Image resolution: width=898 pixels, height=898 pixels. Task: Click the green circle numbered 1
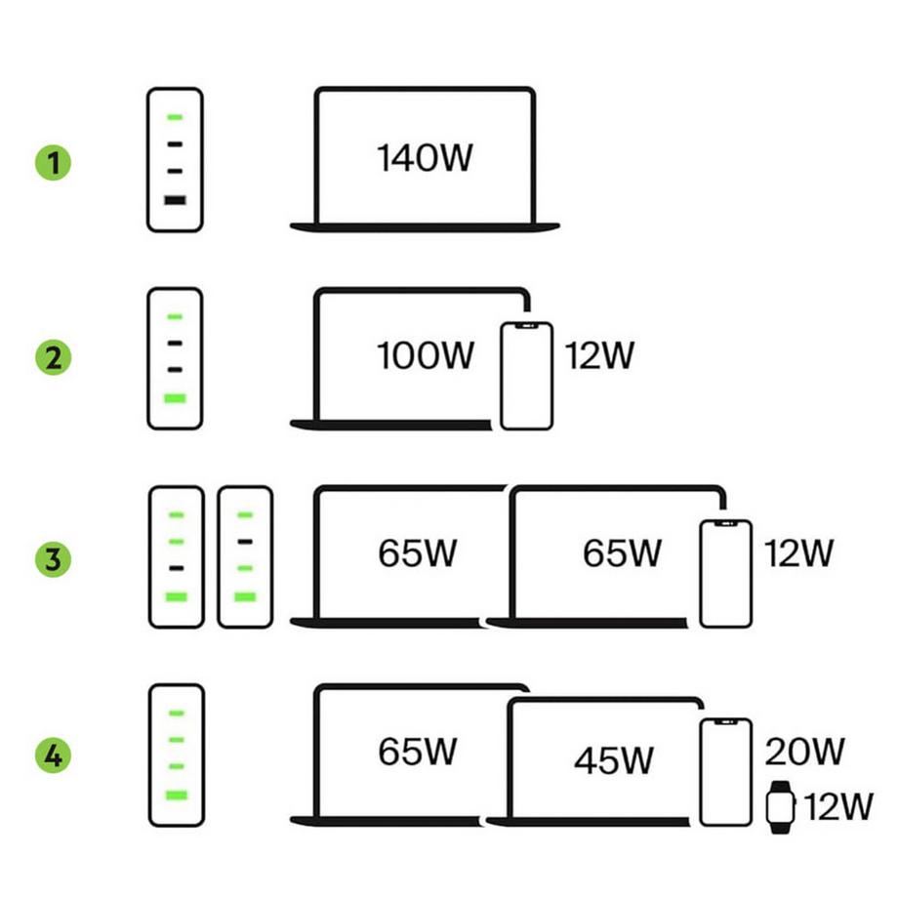coord(55,161)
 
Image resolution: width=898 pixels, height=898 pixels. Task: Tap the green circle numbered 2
coord(55,358)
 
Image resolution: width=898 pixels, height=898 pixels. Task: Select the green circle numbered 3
coord(55,559)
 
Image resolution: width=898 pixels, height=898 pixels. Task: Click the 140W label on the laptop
coord(425,158)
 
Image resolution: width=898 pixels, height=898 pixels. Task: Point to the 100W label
coord(425,357)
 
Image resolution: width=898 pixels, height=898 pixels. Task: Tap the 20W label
coord(804,752)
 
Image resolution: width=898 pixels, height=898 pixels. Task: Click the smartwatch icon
coord(779,806)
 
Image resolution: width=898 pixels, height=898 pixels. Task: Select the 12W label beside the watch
coord(837,807)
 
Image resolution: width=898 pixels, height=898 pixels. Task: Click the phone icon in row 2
coord(527,376)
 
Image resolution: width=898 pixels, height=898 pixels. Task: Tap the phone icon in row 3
coord(725,573)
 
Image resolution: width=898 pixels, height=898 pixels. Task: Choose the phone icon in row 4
coord(725,771)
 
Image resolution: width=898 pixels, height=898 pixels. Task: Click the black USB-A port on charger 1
coord(175,200)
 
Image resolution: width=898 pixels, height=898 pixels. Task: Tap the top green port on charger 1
coord(175,117)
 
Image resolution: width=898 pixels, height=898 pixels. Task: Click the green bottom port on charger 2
coord(175,398)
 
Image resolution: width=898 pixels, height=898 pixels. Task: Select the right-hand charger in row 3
coord(245,556)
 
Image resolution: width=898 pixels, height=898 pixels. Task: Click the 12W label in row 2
coord(599,357)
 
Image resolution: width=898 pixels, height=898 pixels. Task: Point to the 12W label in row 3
coord(798,554)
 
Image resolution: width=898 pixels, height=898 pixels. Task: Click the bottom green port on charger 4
coord(175,795)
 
